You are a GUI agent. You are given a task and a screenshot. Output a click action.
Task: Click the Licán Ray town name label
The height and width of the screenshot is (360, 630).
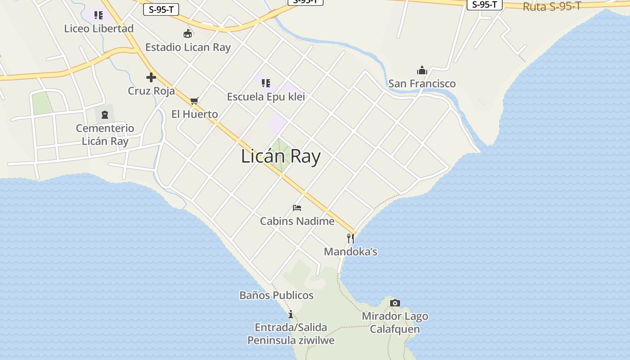pos(281,157)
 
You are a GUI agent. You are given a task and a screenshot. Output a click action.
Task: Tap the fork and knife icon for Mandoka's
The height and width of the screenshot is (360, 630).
pos(350,238)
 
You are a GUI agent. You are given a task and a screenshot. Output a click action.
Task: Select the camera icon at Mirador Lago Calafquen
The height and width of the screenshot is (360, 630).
pos(395,303)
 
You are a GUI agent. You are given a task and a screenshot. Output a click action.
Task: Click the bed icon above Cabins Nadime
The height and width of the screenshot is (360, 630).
pos(297,208)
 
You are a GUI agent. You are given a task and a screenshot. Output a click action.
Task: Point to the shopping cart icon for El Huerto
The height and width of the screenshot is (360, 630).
pos(194,101)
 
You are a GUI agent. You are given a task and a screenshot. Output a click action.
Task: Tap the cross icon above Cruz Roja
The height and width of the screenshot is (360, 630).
pos(151,77)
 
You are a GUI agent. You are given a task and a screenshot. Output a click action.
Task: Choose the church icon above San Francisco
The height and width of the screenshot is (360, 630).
pos(422,70)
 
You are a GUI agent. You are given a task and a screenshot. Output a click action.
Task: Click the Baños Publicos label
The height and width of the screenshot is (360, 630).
pos(276,295)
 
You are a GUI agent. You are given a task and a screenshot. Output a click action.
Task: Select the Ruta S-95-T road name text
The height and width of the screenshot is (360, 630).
pos(552,6)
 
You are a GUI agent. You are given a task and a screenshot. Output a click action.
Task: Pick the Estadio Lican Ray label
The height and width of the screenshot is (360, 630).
pos(188,47)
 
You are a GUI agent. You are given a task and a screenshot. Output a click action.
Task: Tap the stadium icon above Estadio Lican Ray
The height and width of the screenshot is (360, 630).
pos(188,33)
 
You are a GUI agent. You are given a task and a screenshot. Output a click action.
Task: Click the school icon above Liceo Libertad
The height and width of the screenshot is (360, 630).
pos(98,16)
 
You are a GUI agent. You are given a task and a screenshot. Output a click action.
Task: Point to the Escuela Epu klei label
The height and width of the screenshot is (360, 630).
pos(266,97)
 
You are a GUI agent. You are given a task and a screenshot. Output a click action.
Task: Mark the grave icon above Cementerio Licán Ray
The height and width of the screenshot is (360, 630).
pos(105,115)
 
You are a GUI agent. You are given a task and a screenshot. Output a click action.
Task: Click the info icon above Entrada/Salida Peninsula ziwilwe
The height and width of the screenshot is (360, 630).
pos(291,314)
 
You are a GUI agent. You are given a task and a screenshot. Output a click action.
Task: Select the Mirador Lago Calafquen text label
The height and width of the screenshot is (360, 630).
pos(395,323)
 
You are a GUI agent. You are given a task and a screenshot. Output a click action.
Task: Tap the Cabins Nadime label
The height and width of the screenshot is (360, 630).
pos(297,221)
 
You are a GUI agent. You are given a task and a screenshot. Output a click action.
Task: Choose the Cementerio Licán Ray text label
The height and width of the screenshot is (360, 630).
pos(105,135)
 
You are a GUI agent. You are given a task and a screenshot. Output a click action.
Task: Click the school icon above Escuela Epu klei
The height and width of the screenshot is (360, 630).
pos(266,83)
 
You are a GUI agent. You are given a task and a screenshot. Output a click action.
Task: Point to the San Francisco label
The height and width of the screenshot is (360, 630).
pos(422,84)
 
